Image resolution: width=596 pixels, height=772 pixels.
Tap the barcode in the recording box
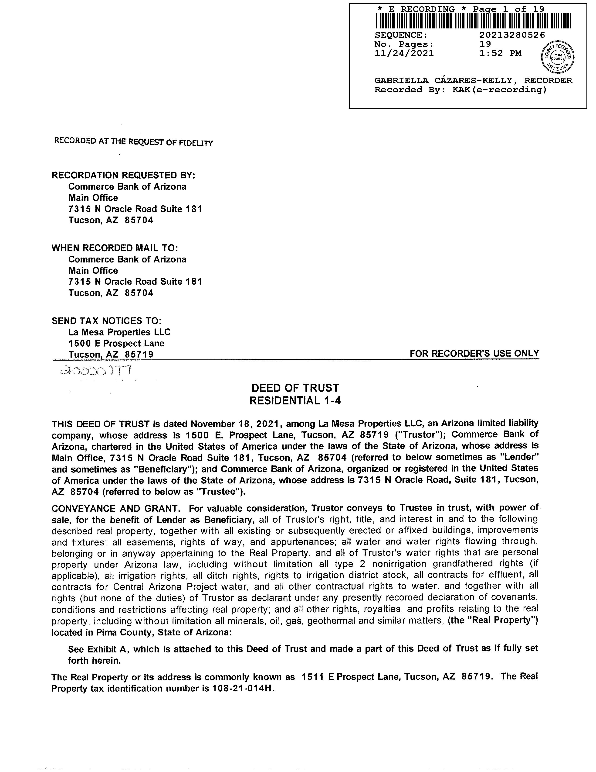click(x=473, y=21)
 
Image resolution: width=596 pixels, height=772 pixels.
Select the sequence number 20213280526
click(x=512, y=35)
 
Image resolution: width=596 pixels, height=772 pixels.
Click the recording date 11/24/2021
click(x=404, y=53)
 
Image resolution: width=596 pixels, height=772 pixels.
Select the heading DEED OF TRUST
click(x=295, y=388)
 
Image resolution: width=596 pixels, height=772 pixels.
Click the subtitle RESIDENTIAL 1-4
click(x=295, y=400)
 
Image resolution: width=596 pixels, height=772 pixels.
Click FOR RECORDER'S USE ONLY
click(x=474, y=353)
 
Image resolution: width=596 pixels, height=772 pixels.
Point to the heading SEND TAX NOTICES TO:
click(x=107, y=321)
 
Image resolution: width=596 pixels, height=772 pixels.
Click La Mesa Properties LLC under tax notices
click(x=119, y=332)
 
